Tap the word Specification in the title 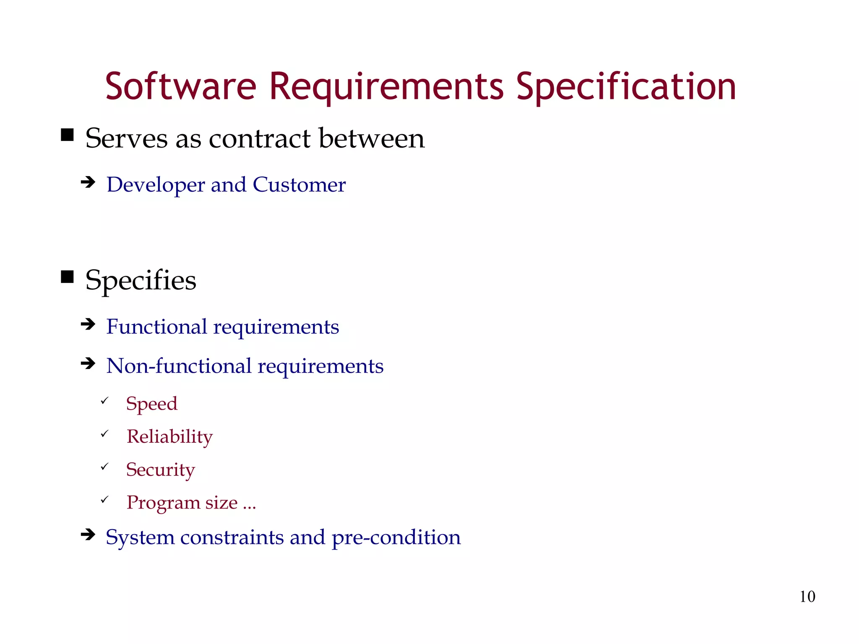point(626,87)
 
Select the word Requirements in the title point(386,87)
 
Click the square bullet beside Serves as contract point(67,135)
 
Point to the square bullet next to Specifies point(67,277)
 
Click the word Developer point(155,185)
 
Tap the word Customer point(299,184)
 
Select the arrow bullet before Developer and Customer point(88,182)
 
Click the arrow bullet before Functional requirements point(88,324)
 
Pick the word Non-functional point(178,366)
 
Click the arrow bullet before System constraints point(88,535)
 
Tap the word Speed point(152,404)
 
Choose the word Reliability point(170,437)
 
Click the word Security point(161,470)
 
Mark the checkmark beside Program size point(104,499)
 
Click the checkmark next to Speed point(104,401)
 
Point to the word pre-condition point(396,538)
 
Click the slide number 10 point(807,597)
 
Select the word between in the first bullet point(371,138)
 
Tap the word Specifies point(141,280)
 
